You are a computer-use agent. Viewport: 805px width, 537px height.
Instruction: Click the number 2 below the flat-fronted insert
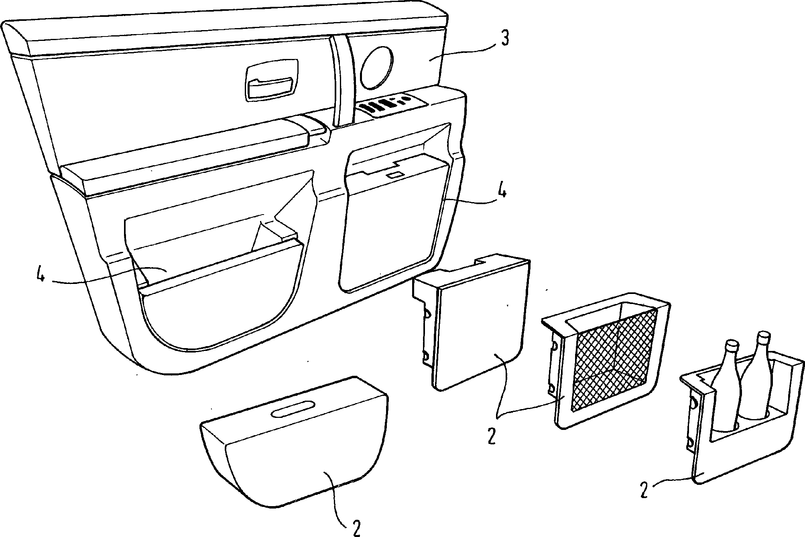pyautogui.click(x=492, y=436)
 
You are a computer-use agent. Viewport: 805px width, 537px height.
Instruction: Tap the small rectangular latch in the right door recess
pyautogui.click(x=394, y=175)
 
